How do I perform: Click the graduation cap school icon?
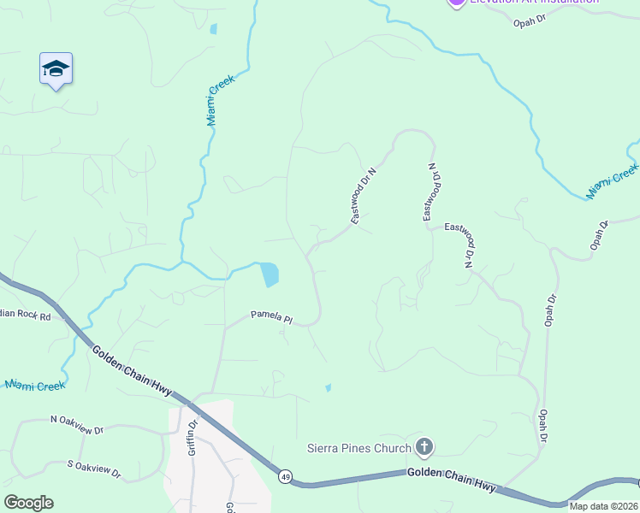tap(56, 69)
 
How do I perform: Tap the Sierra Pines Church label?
tap(359, 447)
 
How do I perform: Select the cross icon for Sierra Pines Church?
tap(424, 446)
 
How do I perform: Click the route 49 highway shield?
tap(285, 475)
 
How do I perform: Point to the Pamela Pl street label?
tap(271, 317)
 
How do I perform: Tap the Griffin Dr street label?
tap(193, 436)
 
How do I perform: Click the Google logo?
tap(28, 503)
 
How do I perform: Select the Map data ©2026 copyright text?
tap(603, 506)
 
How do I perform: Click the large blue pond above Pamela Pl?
tap(269, 274)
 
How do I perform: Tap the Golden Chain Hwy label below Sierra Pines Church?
tap(451, 479)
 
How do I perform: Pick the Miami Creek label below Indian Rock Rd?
tap(35, 386)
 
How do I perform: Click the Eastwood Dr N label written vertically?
tap(430, 192)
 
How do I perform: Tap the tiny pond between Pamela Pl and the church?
tap(329, 388)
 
